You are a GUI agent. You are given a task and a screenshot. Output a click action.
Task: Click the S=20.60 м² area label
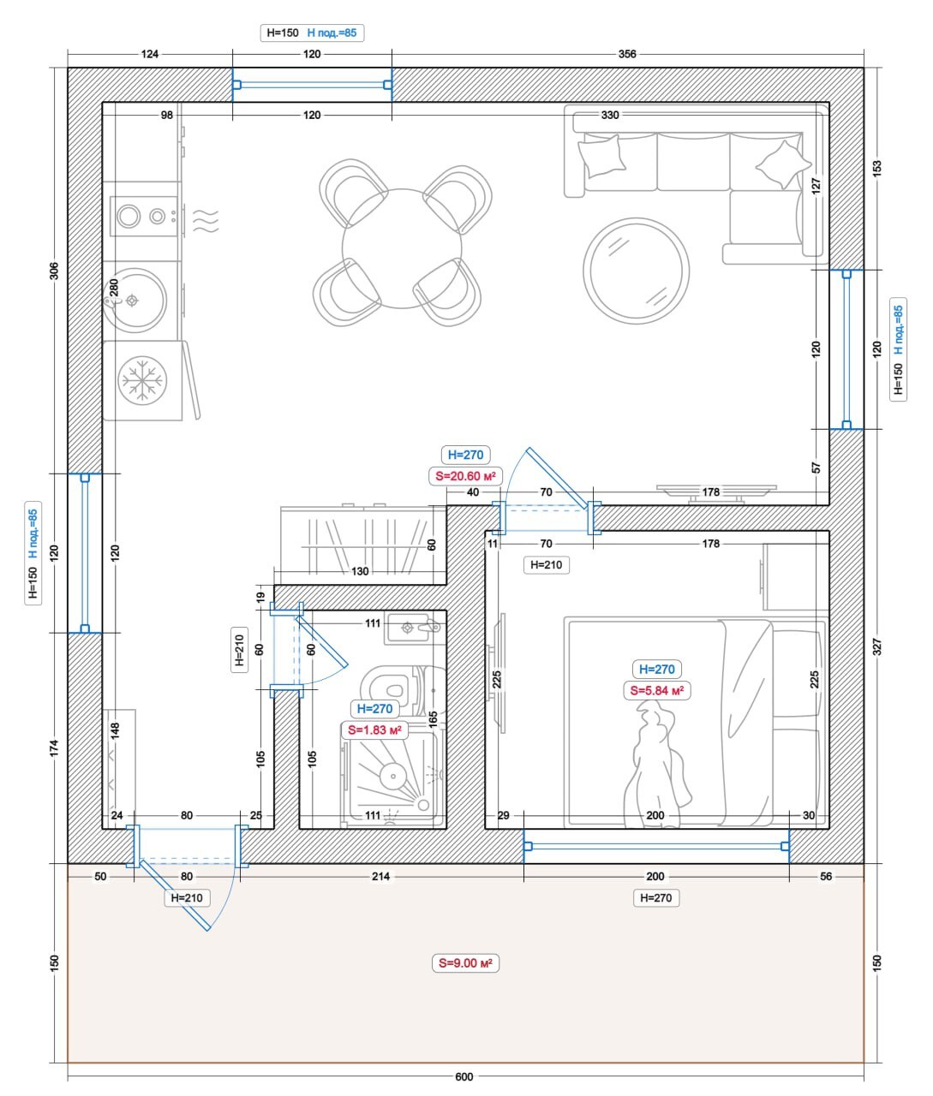click(465, 476)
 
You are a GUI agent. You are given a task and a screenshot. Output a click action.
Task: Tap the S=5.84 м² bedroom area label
click(656, 690)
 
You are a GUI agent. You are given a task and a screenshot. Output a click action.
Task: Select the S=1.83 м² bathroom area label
click(374, 730)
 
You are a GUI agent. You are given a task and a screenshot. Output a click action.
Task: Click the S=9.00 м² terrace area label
click(465, 963)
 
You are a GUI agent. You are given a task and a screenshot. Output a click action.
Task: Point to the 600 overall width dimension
click(464, 1076)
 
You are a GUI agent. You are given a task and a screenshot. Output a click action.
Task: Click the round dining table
click(402, 248)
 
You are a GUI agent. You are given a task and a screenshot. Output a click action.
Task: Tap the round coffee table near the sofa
click(636, 271)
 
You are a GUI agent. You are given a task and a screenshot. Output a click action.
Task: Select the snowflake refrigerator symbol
click(142, 380)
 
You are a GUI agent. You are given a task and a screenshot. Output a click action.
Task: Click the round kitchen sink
click(135, 301)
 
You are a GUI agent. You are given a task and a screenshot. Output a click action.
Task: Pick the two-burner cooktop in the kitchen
click(143, 216)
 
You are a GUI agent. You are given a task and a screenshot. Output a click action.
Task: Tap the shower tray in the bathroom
click(392, 779)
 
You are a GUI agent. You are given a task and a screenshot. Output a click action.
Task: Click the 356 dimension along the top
click(627, 54)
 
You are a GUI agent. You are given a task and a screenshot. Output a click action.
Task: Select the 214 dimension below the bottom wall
click(381, 876)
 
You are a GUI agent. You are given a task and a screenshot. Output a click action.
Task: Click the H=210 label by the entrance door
click(187, 897)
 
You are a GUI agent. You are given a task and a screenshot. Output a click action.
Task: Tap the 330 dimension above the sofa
click(610, 115)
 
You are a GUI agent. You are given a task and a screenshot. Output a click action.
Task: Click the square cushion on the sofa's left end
click(602, 156)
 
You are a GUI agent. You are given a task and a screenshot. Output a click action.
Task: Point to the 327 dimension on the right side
click(876, 646)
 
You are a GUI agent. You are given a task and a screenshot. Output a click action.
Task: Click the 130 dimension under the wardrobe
click(360, 571)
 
